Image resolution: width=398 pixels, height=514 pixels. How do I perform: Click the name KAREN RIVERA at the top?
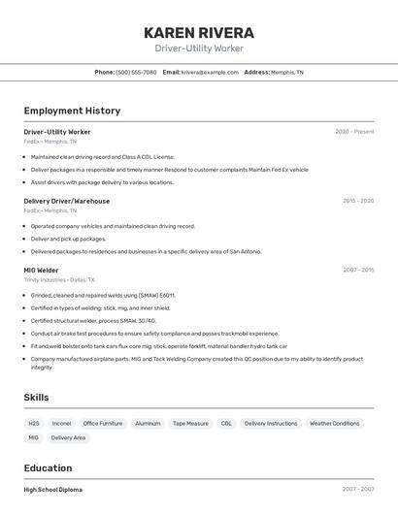[x=198, y=33]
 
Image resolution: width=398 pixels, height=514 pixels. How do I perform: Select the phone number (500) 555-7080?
[x=136, y=72]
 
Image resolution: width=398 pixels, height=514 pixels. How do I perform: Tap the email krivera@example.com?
[x=210, y=72]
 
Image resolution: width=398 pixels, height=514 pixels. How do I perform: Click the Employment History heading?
[x=72, y=111]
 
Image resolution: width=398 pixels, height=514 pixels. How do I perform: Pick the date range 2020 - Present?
[x=354, y=132]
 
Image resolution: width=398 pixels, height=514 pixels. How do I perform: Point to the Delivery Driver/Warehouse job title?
[x=67, y=201]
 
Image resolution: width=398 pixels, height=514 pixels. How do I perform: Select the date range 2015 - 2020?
[x=357, y=201]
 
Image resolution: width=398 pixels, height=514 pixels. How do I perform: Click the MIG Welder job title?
[x=42, y=271]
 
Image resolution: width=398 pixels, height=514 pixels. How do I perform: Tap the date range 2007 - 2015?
[x=357, y=271]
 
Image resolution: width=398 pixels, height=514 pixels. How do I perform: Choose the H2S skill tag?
[x=34, y=424]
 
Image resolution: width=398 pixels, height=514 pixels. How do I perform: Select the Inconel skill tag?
[x=61, y=424]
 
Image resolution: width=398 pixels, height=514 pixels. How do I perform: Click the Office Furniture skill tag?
[x=103, y=424]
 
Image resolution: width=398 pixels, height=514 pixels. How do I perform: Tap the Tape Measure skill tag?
[x=190, y=424]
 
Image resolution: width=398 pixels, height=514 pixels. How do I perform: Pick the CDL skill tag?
[x=226, y=424]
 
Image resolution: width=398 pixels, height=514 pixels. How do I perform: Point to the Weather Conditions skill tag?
[x=334, y=424]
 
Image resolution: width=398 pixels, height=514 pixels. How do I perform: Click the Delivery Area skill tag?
[x=68, y=438]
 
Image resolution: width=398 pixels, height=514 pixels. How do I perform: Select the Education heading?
[x=49, y=467]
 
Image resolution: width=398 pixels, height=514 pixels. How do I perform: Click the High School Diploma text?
[x=53, y=490]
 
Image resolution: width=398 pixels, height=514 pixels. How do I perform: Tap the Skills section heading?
[x=36, y=398]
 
